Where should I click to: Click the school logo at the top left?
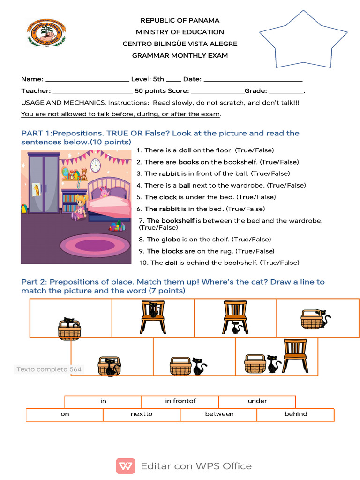pyautogui.click(x=46, y=34)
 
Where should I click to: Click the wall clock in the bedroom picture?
pyautogui.click(x=95, y=165)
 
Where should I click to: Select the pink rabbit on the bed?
pyautogui.click(x=104, y=191)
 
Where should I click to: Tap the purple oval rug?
pyautogui.click(x=96, y=246)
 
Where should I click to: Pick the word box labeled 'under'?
pyautogui.click(x=257, y=401)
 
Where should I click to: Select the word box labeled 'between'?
pyautogui.click(x=219, y=414)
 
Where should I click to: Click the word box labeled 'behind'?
pyautogui.click(x=296, y=414)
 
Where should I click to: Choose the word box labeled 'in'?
pyautogui.click(x=104, y=401)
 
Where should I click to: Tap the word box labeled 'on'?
pyautogui.click(x=65, y=414)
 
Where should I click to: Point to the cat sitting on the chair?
pyautogui.click(x=153, y=310)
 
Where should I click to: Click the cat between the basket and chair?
pyautogui.click(x=272, y=364)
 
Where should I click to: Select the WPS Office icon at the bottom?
pyautogui.click(x=126, y=466)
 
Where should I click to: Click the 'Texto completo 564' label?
pyautogui.click(x=49, y=369)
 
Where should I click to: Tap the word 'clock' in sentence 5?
pyautogui.click(x=168, y=197)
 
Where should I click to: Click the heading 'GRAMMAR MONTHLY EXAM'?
pyautogui.click(x=180, y=56)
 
